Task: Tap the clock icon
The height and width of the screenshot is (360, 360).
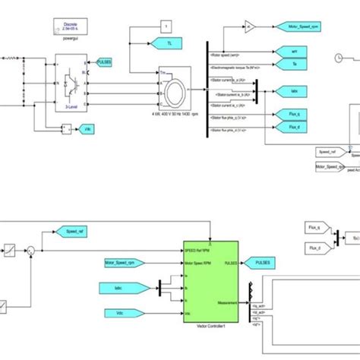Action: pos(339,58)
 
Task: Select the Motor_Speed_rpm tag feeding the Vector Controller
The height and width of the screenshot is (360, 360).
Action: pos(127,263)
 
